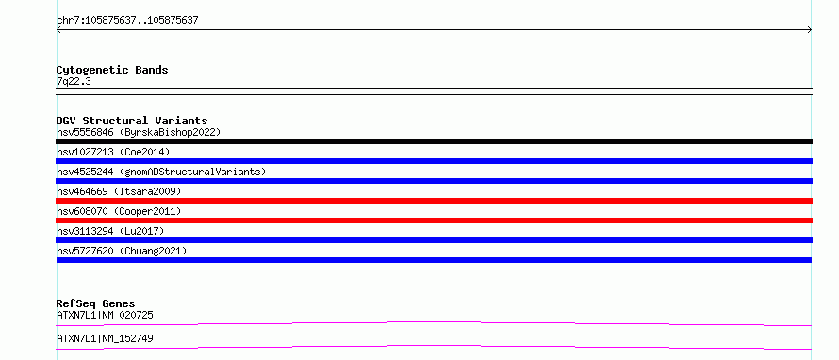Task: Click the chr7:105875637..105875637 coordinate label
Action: click(127, 21)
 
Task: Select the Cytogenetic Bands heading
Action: click(112, 70)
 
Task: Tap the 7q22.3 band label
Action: click(74, 82)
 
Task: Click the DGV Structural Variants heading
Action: click(132, 121)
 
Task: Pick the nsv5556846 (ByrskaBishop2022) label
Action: click(139, 132)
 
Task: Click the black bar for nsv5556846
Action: click(434, 141)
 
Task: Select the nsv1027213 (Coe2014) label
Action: click(113, 152)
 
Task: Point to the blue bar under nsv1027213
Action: click(434, 161)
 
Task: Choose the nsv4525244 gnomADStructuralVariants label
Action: click(161, 172)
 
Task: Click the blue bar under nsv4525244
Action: click(434, 181)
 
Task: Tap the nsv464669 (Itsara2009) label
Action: click(119, 191)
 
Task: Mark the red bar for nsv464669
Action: click(434, 201)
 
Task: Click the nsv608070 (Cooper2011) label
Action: click(119, 211)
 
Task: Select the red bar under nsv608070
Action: click(434, 221)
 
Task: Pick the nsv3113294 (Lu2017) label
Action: click(110, 231)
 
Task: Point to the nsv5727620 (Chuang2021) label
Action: click(122, 251)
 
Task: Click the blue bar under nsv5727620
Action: click(434, 260)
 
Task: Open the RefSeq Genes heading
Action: click(96, 303)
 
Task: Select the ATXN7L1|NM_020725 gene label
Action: click(105, 316)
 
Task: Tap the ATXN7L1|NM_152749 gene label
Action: click(105, 339)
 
